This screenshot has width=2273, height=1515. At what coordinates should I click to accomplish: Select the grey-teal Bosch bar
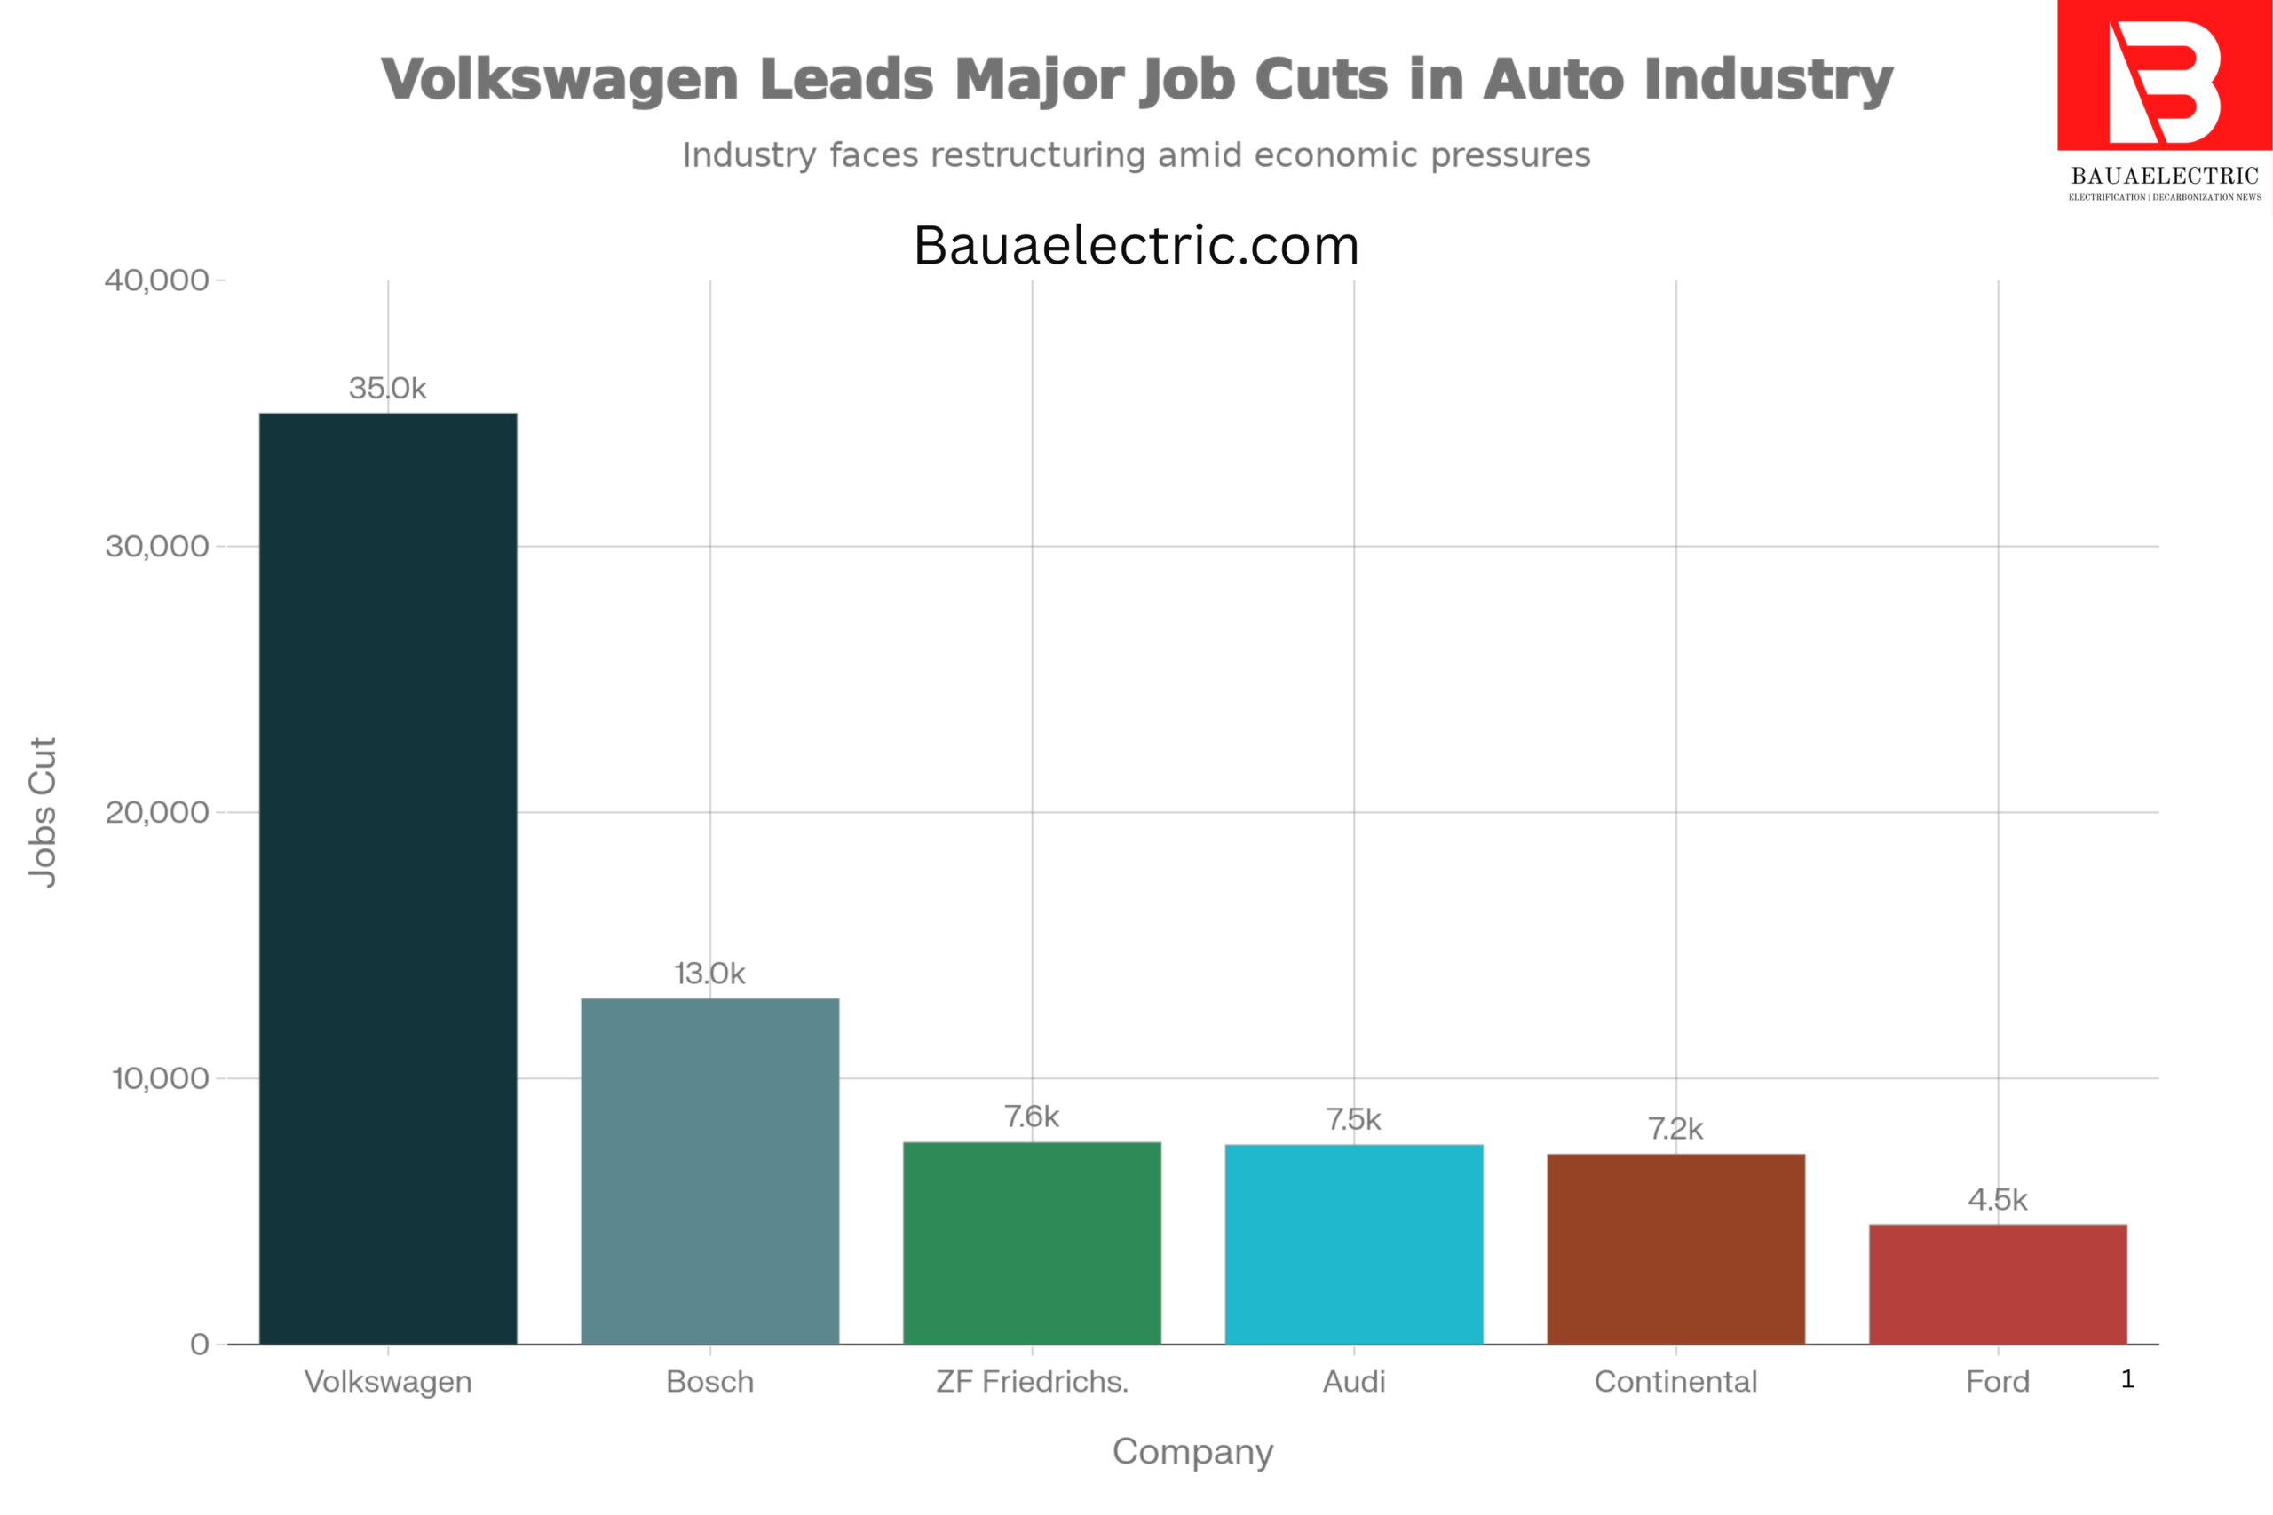tap(709, 1170)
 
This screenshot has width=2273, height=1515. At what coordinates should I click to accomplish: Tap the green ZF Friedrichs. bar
tap(1031, 1243)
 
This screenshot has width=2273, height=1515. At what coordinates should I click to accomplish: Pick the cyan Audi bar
tap(1353, 1243)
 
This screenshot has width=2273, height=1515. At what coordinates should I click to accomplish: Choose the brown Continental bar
tap(1675, 1249)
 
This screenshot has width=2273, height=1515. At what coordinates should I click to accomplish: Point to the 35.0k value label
tap(387, 389)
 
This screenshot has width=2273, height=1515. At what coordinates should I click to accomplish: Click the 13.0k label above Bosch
tap(709, 973)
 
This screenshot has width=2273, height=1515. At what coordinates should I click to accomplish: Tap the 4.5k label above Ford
tap(1997, 1199)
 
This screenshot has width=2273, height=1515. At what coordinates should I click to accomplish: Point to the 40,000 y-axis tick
tap(156, 280)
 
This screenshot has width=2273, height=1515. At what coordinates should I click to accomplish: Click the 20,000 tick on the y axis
tap(156, 811)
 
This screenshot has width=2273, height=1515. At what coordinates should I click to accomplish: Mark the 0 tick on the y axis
tap(199, 1344)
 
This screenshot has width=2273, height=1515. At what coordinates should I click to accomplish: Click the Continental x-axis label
tap(1675, 1382)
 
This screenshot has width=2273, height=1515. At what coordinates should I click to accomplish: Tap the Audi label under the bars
tap(1353, 1382)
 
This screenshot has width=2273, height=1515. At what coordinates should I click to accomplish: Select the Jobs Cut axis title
tap(43, 811)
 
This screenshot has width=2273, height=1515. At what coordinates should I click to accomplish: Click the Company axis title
tap(1192, 1451)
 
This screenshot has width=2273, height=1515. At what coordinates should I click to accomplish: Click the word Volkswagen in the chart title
tap(559, 79)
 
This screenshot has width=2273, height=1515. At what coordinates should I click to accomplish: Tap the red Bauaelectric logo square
tap(2164, 75)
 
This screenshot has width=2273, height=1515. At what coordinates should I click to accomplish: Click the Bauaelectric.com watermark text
tap(1136, 246)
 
